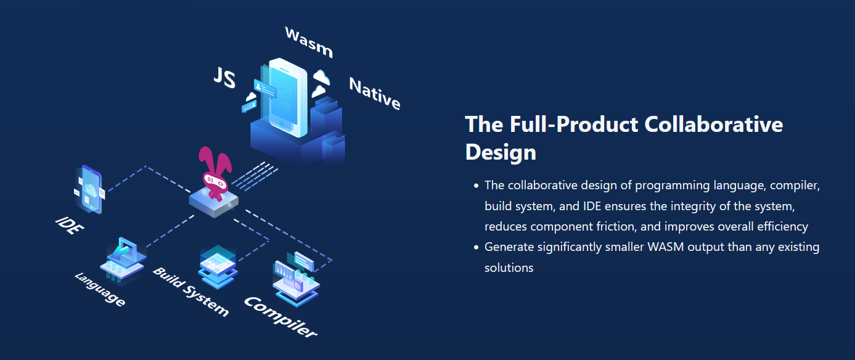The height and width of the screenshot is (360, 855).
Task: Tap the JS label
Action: (224, 78)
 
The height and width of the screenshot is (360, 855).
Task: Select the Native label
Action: (375, 94)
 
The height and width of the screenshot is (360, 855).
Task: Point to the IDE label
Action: (70, 225)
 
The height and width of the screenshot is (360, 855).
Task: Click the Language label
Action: (100, 289)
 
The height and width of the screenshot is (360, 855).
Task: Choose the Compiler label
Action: (280, 317)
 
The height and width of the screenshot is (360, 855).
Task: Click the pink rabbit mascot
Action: (215, 174)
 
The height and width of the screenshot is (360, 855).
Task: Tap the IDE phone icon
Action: (90, 189)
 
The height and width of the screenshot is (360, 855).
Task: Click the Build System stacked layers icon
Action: (218, 267)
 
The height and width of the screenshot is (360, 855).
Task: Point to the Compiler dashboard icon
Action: (296, 278)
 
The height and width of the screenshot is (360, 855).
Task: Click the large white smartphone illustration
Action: (287, 97)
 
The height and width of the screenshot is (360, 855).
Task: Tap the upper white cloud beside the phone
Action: (321, 77)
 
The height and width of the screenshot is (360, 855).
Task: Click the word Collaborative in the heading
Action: (713, 125)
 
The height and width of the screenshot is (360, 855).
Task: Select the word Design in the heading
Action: (501, 152)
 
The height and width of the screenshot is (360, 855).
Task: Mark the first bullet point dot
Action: (476, 186)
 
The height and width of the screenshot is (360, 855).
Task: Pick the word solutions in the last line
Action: (509, 268)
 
